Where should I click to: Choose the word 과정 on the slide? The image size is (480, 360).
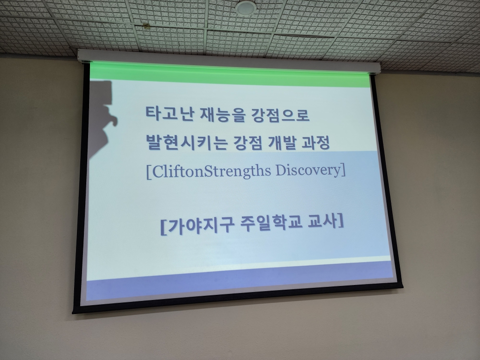point(315,143)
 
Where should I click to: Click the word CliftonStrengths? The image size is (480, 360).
point(211,171)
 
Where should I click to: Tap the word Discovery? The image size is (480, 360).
point(308,171)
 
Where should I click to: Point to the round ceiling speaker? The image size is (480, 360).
point(245,7)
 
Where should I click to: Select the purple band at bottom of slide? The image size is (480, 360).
point(239,281)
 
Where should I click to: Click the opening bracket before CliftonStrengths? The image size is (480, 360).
point(149,172)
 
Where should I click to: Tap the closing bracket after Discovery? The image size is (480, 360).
point(343,170)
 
